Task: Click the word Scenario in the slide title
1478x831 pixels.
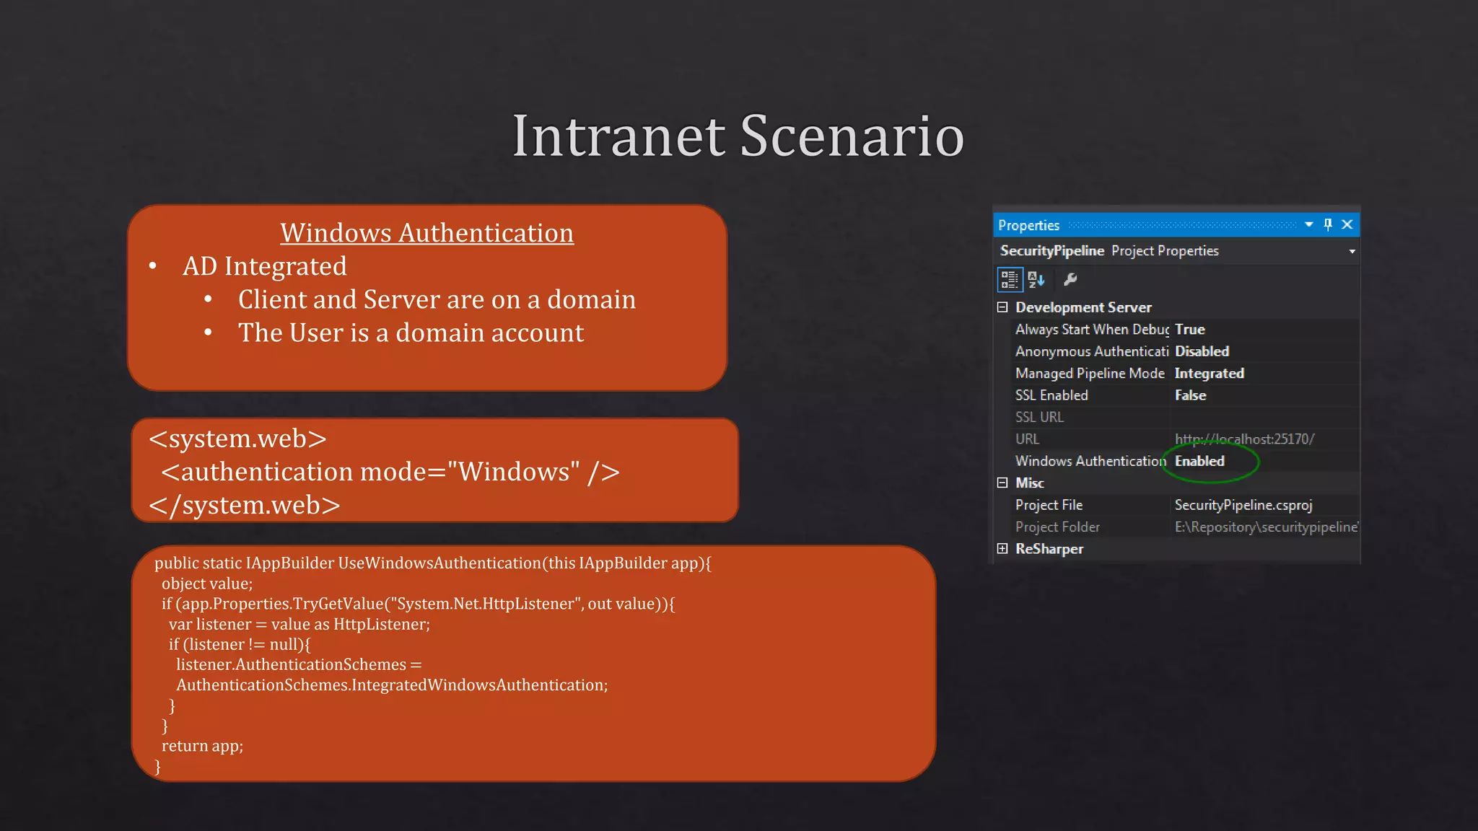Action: coord(852,136)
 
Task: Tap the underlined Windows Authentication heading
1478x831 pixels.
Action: coord(427,233)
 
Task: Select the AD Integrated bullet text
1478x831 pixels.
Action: coord(264,266)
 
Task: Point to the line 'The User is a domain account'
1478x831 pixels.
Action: coord(411,333)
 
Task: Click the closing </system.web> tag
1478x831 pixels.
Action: coord(244,505)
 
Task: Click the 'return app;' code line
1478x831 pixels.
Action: coord(202,746)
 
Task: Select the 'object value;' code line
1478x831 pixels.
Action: coord(207,584)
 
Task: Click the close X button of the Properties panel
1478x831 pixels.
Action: coord(1347,224)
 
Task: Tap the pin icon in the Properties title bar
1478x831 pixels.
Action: coord(1328,224)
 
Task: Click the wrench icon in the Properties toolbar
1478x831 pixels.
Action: coord(1070,279)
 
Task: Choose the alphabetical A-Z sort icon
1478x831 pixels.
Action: coord(1036,279)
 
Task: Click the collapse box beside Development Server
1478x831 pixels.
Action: coord(1002,307)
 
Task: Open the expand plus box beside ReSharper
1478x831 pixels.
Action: coord(1002,549)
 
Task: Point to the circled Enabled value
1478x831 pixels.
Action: coord(1199,461)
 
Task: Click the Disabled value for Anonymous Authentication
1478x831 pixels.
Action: coord(1202,351)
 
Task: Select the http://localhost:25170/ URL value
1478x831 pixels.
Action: coord(1244,439)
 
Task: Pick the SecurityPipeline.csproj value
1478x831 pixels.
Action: coord(1243,505)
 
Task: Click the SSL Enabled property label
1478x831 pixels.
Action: coord(1051,395)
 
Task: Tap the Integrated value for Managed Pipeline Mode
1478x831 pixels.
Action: coord(1209,374)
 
